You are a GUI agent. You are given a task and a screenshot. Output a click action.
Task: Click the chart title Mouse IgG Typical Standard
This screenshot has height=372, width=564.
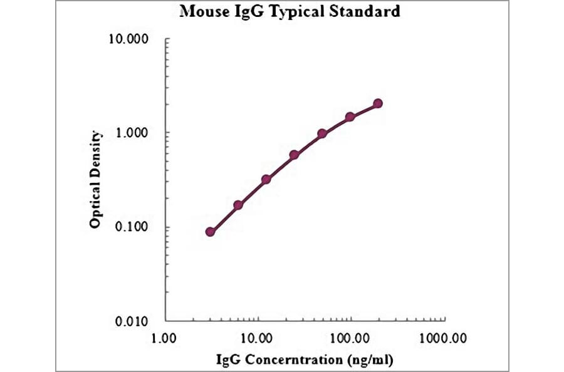[x=290, y=12]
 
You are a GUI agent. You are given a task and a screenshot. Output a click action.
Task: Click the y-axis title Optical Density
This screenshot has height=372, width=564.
[x=95, y=179]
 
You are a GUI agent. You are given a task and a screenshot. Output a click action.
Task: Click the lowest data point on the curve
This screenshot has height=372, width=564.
[x=211, y=232]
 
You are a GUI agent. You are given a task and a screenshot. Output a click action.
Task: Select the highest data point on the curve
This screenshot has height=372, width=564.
[x=378, y=103]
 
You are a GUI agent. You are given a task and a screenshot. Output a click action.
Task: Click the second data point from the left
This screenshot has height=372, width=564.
[x=238, y=205]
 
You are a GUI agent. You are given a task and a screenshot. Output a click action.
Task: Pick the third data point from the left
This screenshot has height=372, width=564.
[x=266, y=179]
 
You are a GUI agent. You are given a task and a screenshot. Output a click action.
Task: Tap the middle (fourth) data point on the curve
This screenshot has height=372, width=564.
[x=294, y=155]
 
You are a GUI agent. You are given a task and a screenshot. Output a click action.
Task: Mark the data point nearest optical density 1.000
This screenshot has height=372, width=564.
[x=322, y=133]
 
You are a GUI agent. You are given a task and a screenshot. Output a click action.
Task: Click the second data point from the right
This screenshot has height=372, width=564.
[x=350, y=116]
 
